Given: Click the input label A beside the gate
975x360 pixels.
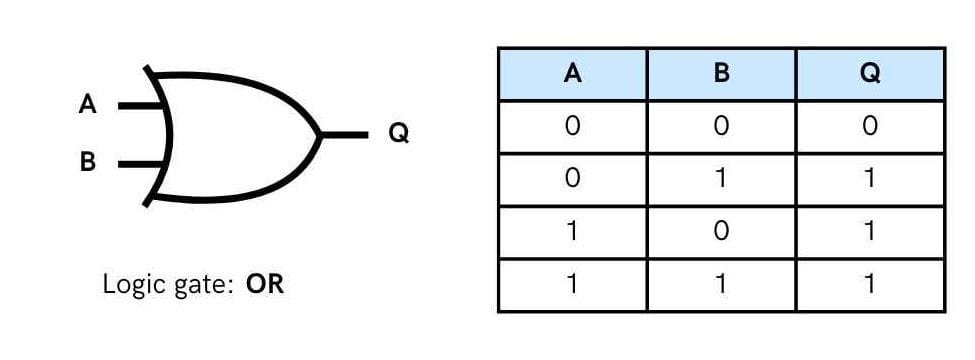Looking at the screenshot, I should click(x=88, y=104).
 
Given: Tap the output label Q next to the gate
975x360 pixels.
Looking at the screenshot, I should click(x=398, y=133).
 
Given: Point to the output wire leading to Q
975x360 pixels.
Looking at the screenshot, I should click(x=345, y=133).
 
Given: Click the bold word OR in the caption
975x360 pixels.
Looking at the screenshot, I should click(x=265, y=284).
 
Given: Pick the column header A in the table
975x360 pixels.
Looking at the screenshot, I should click(x=573, y=75).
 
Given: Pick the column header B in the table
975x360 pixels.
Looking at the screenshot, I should click(x=721, y=75).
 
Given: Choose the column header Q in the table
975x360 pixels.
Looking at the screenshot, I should click(x=869, y=75).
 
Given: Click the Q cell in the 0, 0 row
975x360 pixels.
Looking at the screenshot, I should click(x=869, y=127).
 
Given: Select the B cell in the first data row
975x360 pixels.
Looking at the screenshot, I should click(x=721, y=127).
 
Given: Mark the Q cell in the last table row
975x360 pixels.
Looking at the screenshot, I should click(x=869, y=285).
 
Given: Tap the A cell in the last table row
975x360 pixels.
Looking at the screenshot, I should click(x=573, y=285).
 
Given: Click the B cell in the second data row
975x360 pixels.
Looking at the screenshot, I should click(x=721, y=180).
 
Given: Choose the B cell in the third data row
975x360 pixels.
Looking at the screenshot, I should click(x=721, y=232).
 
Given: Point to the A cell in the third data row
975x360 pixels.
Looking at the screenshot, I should click(x=573, y=232).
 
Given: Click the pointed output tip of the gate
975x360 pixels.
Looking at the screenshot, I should click(x=319, y=134).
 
